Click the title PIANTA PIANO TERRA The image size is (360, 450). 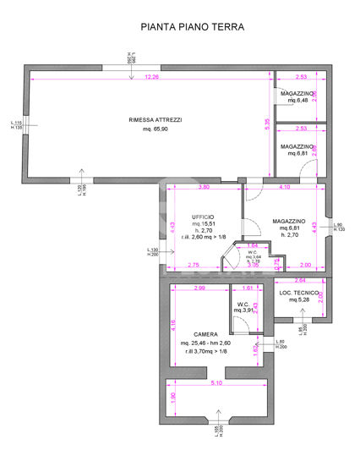tap(192, 27)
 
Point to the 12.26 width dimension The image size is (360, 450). tap(151, 78)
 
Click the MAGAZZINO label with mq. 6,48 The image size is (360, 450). tap(297, 93)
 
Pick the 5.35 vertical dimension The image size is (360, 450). tap(266, 123)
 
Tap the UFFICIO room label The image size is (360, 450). tap(202, 217)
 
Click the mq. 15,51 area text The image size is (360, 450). tap(203, 224)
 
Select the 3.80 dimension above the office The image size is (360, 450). tap(204, 187)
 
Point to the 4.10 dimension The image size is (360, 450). tap(284, 187)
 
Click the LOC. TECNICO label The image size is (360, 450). tap(297, 293)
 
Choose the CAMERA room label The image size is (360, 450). tap(205, 334)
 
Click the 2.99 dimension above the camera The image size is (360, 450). tap(199, 288)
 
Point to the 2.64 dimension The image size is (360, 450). tap(299, 280)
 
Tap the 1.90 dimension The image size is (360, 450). tap(173, 398)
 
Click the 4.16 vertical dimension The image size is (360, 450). tap(173, 324)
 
